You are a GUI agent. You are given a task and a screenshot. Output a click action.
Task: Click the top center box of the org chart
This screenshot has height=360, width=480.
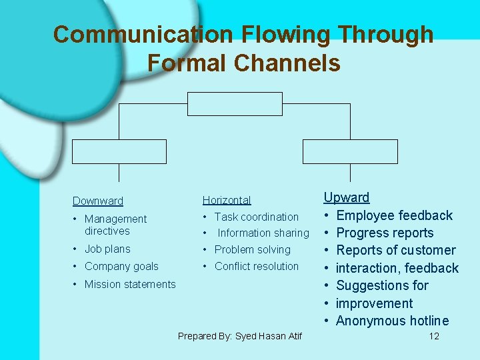pos(235,104)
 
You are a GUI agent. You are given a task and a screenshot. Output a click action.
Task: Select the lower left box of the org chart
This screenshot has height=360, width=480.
pos(119,151)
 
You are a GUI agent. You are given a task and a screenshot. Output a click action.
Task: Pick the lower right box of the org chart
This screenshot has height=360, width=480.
pos(350,151)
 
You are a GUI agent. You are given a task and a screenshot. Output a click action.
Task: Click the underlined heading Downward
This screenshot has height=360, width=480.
pos(98,201)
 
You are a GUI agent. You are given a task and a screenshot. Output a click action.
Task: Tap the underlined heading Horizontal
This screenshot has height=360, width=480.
pos(227,200)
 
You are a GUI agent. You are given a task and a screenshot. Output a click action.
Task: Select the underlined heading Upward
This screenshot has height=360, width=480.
pos(347,197)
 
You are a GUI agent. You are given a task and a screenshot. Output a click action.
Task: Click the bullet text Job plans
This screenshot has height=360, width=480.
pos(107,249)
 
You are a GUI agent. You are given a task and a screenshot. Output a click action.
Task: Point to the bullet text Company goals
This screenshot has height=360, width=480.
pos(121,266)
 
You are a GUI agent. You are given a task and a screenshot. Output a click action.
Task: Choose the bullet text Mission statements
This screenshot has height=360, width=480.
pos(130,284)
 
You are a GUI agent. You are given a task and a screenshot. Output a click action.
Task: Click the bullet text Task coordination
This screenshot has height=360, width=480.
pos(257,217)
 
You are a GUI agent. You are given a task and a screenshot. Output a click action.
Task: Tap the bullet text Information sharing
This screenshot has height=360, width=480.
pos(263,233)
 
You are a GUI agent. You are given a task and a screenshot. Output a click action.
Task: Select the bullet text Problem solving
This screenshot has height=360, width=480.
pos(253,249)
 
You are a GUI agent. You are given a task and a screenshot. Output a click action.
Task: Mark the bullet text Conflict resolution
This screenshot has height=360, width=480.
pos(257,266)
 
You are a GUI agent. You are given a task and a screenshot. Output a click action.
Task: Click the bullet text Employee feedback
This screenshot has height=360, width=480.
pos(394,215)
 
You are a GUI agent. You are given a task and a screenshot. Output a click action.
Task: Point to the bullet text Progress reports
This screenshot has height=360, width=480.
pos(385,233)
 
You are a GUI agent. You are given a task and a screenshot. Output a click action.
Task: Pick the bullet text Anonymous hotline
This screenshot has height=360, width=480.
pos(392,321)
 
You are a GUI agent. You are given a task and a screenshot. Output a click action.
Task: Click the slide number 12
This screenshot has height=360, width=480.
pos(434,336)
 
